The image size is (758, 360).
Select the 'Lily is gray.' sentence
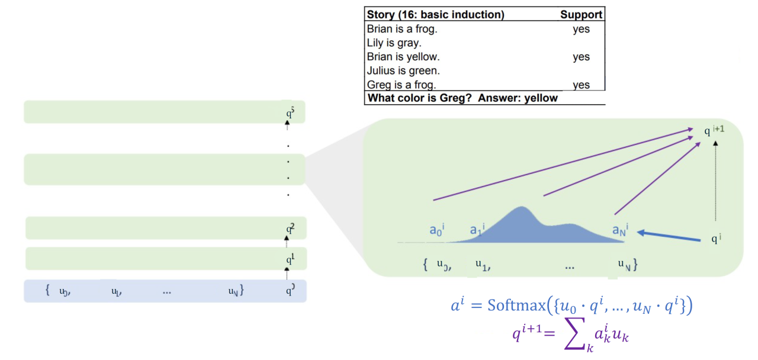click(x=394, y=43)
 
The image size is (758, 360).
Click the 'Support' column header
click(x=581, y=15)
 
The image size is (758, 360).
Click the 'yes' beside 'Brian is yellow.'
click(x=581, y=57)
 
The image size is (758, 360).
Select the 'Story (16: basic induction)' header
click(x=435, y=15)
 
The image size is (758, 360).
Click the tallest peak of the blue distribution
click(x=521, y=208)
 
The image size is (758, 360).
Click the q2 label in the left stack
click(x=290, y=227)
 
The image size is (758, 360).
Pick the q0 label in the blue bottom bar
click(x=290, y=291)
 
